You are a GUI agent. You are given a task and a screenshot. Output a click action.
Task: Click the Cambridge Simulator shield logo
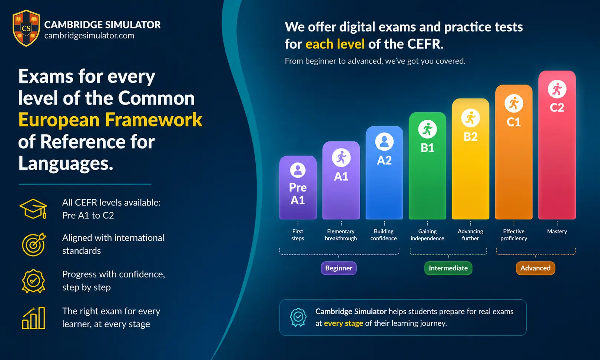coord(26,28)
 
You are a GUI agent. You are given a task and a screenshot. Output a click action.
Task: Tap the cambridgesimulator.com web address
coord(89,36)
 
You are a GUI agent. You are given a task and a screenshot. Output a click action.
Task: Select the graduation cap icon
coord(33,209)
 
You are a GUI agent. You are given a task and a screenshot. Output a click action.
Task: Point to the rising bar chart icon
coord(33,318)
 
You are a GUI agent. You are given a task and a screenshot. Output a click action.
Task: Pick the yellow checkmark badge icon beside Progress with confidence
coord(33,281)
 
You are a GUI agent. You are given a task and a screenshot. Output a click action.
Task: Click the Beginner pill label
coord(339,268)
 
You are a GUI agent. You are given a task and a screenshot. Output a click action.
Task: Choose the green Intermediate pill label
coord(448,268)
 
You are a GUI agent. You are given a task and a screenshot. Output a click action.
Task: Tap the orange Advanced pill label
coord(535,268)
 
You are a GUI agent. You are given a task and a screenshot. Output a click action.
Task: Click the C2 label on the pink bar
coord(557,108)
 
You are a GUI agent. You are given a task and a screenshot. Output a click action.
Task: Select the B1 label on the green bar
coord(427,148)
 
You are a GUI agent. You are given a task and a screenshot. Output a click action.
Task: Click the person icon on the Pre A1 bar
coord(298,170)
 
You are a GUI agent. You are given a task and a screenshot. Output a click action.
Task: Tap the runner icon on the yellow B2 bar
coord(470,118)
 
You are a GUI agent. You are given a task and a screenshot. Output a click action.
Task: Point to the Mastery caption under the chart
coord(557,231)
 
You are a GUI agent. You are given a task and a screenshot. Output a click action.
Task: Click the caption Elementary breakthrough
coord(341,235)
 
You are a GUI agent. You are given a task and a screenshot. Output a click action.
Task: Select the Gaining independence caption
coord(427,235)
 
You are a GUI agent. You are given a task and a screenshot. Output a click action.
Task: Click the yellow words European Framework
coord(110,120)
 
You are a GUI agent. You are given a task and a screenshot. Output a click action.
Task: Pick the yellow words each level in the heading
coord(335,44)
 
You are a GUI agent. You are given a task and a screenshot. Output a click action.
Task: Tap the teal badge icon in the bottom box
coord(298,317)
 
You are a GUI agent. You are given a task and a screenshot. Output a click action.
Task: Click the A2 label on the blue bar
coord(384,160)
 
